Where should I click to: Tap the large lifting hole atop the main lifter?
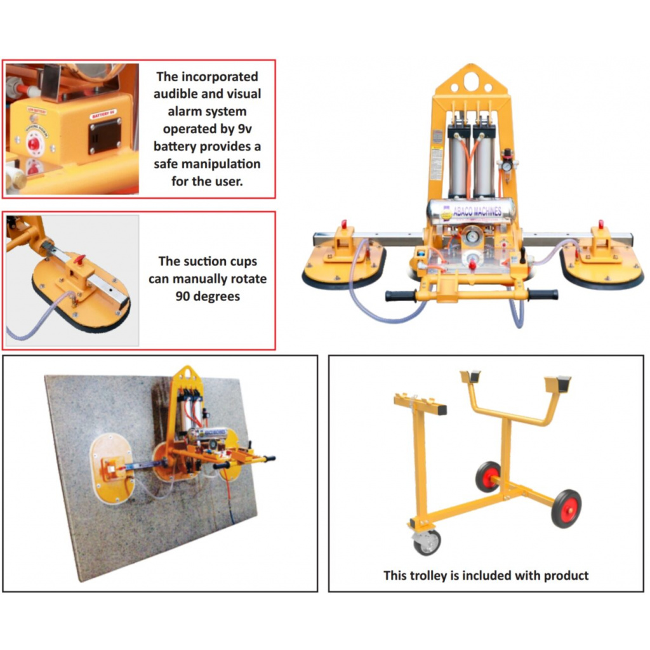[x=470, y=81]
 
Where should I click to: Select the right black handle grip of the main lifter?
[x=543, y=295]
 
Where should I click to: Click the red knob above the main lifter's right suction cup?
[x=600, y=225]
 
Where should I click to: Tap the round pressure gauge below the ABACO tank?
[x=472, y=235]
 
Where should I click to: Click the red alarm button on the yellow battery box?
[x=33, y=143]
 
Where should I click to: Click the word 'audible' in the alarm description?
[x=177, y=94]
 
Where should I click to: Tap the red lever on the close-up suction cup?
[x=79, y=258]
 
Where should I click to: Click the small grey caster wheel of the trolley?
[x=427, y=542]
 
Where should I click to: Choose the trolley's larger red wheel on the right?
[x=566, y=508]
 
